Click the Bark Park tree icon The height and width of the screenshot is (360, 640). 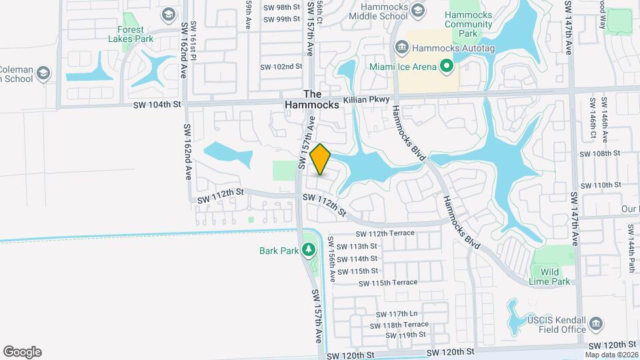308,250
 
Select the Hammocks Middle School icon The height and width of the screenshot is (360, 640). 418,9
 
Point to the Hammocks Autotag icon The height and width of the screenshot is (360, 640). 402,47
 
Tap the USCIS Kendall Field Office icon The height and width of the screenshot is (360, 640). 597,324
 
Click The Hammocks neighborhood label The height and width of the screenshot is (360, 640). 313,99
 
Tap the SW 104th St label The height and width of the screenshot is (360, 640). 157,105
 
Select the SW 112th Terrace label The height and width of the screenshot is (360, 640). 385,233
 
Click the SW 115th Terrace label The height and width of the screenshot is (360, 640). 387,283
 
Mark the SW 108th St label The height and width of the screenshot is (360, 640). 600,153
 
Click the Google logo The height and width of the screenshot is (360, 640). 22,351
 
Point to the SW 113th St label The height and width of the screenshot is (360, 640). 358,246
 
